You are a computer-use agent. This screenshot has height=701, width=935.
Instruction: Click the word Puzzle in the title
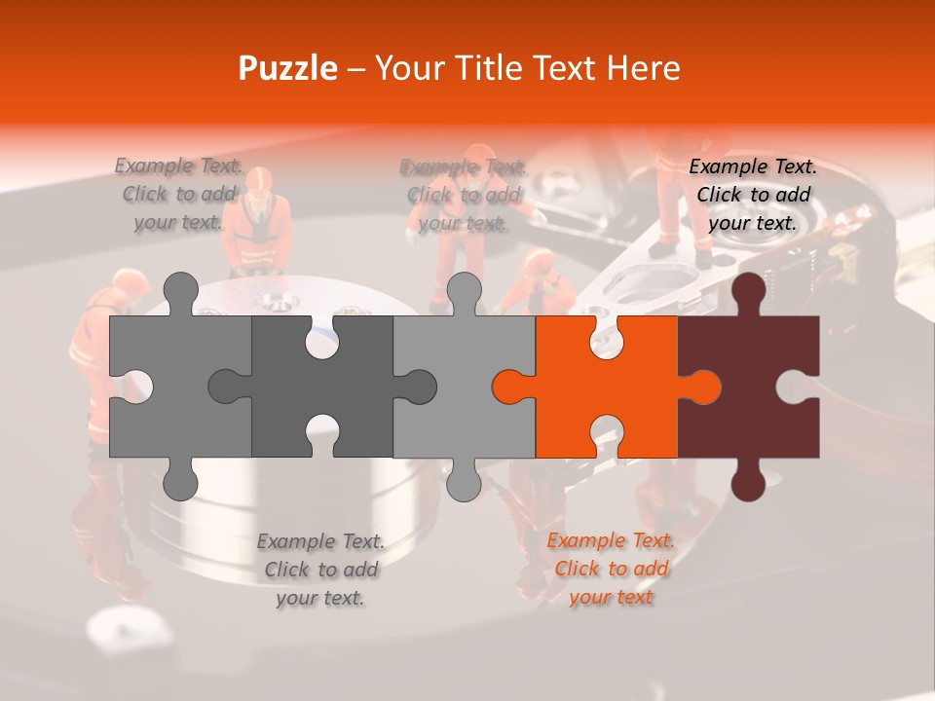tap(288, 68)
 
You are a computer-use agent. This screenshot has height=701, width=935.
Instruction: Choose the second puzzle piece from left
tap(292, 387)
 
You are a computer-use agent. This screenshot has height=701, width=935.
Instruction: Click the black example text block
tap(753, 195)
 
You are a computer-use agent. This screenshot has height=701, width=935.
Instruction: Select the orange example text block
tap(611, 569)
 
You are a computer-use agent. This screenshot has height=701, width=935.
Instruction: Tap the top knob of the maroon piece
tap(748, 292)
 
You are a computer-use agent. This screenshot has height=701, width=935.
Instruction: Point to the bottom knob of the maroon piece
tap(748, 481)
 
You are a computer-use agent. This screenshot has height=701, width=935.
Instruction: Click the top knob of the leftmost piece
tap(180, 292)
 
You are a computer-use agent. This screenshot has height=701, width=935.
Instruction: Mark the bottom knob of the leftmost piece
tap(180, 481)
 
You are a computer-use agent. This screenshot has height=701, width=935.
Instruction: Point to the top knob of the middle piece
tap(464, 292)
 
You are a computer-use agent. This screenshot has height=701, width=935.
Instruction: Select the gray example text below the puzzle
tap(320, 570)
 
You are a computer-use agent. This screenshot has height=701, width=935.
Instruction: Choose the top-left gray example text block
tap(178, 194)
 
